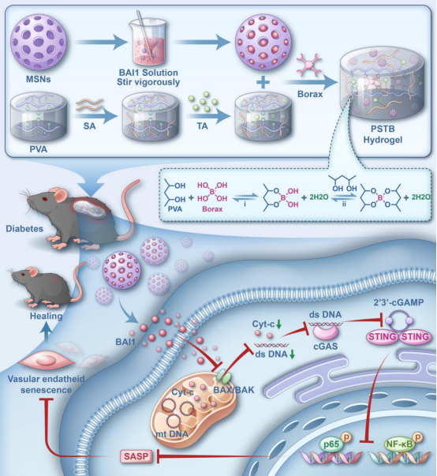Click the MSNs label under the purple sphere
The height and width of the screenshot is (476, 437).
pyautogui.click(x=39, y=79)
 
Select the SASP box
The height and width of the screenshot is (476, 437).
pyautogui.click(x=136, y=455)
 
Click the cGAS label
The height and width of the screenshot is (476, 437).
pyautogui.click(x=326, y=346)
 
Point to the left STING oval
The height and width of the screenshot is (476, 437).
pyautogui.click(x=382, y=336)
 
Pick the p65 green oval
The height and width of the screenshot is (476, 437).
pyautogui.click(x=331, y=444)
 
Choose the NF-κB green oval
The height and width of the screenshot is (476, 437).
pyautogui.click(x=399, y=444)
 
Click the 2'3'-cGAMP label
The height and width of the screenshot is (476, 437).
pyautogui.click(x=398, y=302)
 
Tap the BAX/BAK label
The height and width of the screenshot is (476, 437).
pyautogui.click(x=233, y=390)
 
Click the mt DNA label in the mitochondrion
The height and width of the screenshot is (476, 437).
pyautogui.click(x=172, y=434)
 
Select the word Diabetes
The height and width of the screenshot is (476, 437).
pyautogui.click(x=24, y=229)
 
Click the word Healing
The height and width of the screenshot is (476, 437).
pyautogui.click(x=46, y=316)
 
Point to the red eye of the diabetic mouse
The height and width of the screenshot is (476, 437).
pyautogui.click(x=45, y=199)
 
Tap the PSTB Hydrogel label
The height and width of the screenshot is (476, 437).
pyautogui.click(x=383, y=134)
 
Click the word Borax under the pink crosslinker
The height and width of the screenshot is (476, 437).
pyautogui.click(x=310, y=94)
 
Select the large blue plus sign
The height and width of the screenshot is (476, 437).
pyautogui.click(x=263, y=82)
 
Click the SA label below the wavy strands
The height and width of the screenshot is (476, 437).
pyautogui.click(x=89, y=126)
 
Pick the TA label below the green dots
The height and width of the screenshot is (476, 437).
pyautogui.click(x=202, y=126)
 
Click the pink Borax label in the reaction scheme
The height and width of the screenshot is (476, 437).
pyautogui.click(x=212, y=209)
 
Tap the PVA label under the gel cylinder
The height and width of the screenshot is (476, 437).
pyautogui.click(x=39, y=149)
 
